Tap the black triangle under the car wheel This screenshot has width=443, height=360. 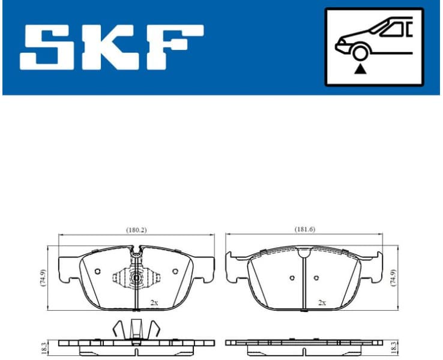[360, 70]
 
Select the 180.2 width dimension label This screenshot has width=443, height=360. [136, 230]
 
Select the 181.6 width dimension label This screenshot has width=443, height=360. [305, 230]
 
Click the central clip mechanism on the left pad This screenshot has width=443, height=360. [137, 278]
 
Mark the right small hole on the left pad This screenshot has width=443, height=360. [175, 271]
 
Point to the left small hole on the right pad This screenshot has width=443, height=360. [291, 278]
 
